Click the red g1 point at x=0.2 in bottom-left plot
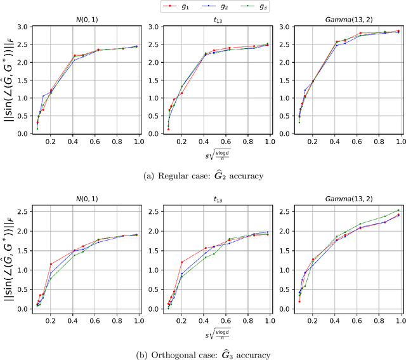click(x=51, y=263)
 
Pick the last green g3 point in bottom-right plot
click(x=398, y=210)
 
